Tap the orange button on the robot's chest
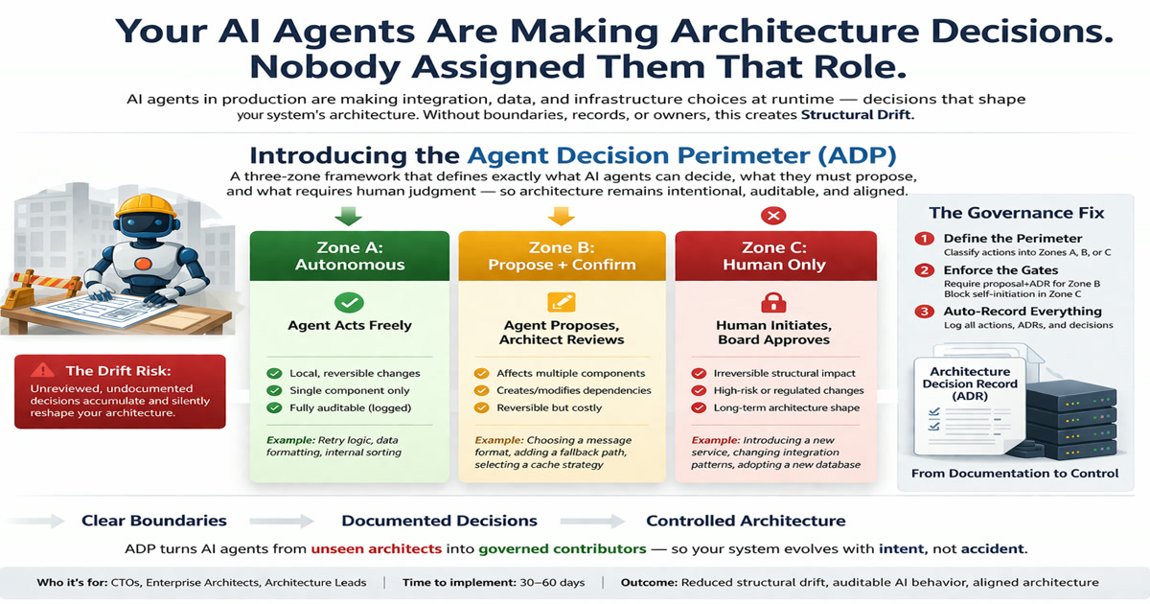(143, 264)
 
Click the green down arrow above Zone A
(349, 216)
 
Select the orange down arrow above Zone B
(562, 216)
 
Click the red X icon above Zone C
(773, 216)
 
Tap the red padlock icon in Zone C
(773, 303)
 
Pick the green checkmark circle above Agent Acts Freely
(349, 303)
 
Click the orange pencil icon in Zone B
(562, 303)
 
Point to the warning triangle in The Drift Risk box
(42, 370)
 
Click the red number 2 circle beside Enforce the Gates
(925, 270)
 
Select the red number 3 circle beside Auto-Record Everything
(925, 312)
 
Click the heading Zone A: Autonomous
(350, 256)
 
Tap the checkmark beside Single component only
(275, 390)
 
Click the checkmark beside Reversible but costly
(481, 407)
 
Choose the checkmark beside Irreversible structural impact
(699, 373)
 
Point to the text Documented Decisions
(440, 521)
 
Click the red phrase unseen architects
(377, 549)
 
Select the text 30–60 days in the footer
(552, 583)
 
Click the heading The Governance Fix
(1017, 213)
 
